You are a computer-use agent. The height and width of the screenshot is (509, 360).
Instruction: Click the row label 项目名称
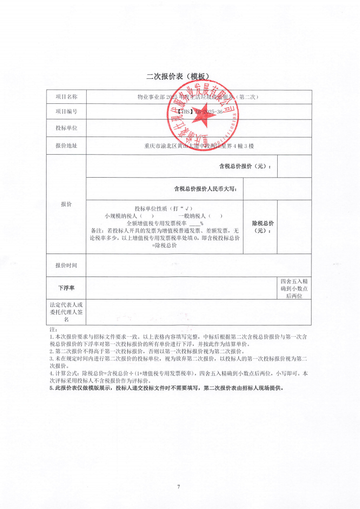[x=66, y=97]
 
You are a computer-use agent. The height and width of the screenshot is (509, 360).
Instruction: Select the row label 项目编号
[x=66, y=112]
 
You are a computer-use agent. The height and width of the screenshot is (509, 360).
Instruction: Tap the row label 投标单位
[x=66, y=128]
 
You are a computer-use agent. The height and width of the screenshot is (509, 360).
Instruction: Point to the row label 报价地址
[x=66, y=145]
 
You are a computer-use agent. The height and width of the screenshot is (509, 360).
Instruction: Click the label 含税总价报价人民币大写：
[x=206, y=189]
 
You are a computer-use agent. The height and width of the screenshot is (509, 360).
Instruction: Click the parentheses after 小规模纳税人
[x=146, y=215]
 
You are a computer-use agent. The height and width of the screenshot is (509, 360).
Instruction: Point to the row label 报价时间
[x=66, y=265]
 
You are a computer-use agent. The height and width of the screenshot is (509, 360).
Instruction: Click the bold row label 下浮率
[x=66, y=288]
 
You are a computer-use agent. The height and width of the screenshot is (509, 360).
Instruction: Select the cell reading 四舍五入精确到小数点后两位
[x=294, y=288]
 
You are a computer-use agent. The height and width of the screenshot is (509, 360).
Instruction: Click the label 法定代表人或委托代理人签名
[x=66, y=312]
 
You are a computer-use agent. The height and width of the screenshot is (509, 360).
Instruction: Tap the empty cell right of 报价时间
[x=198, y=265]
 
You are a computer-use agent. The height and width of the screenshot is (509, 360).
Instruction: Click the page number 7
[x=179, y=486]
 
